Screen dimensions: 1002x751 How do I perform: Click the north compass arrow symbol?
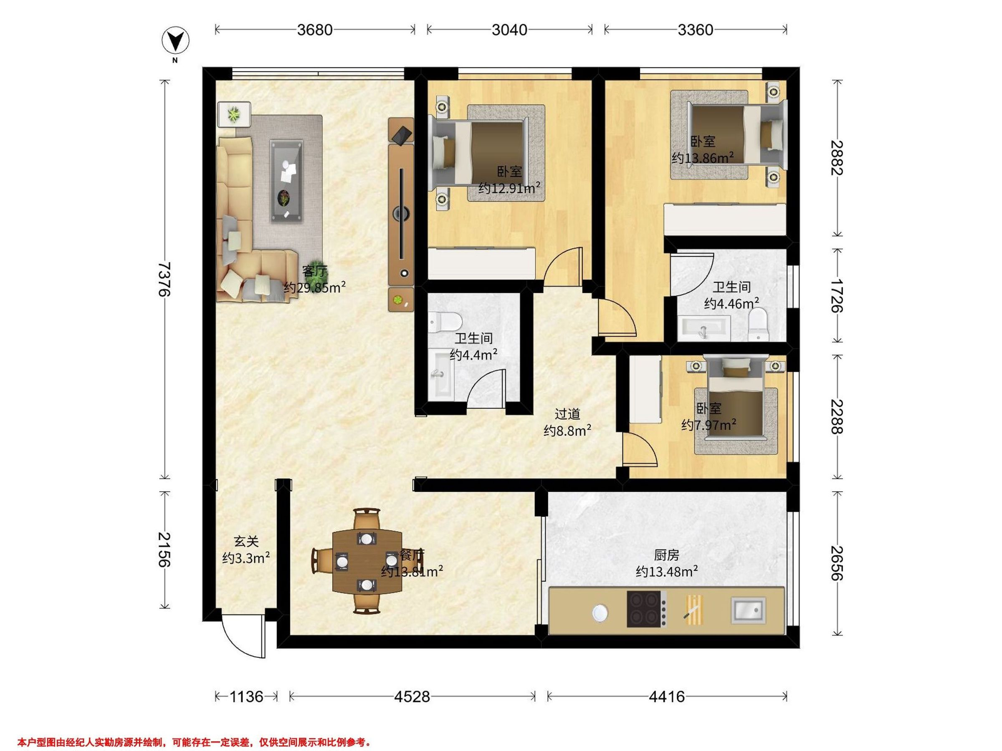(175, 41)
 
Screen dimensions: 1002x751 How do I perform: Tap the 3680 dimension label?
(315, 30)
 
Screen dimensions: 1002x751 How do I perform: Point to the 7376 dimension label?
(164, 279)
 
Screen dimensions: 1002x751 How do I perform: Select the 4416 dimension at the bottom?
(667, 696)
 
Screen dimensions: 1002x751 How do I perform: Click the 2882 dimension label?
(838, 158)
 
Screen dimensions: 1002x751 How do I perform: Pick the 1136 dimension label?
(246, 696)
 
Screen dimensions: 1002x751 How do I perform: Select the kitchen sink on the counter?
(748, 610)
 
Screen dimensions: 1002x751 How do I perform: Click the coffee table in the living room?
(286, 181)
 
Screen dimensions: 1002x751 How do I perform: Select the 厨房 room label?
(666, 554)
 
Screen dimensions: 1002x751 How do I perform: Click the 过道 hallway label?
(567, 414)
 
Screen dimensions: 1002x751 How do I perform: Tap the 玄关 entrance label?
(246, 542)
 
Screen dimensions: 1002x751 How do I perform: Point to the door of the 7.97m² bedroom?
(640, 449)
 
